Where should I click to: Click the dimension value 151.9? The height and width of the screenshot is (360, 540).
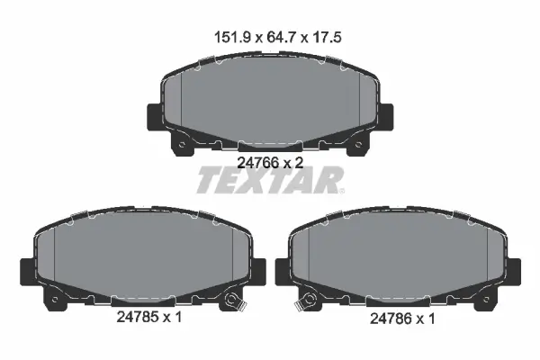[232, 37]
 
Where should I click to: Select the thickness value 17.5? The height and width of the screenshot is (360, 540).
[327, 37]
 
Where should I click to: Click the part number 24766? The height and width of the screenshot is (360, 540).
[258, 163]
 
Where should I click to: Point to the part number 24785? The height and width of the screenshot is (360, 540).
[137, 317]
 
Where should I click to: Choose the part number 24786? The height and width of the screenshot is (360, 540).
[391, 319]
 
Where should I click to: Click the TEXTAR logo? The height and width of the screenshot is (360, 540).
[270, 180]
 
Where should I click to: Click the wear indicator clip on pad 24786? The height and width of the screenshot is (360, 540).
[306, 301]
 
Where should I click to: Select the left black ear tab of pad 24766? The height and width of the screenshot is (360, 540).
[155, 117]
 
